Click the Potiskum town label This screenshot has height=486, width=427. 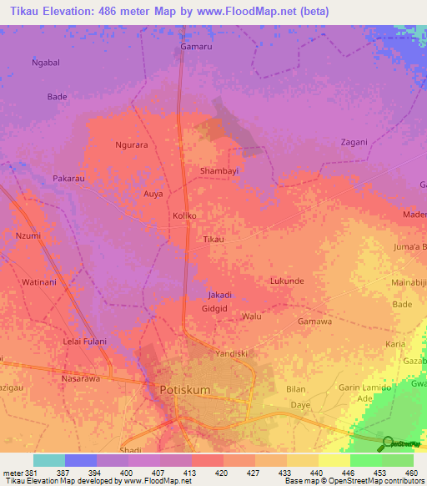pos(188,389)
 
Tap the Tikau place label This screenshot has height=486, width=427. pos(214,240)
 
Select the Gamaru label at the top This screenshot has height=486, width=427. pos(198,48)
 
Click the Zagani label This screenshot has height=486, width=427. pos(354,142)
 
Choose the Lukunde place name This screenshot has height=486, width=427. pos(287,281)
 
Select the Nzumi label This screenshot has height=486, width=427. pos(28,236)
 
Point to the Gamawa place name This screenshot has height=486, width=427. pos(314,321)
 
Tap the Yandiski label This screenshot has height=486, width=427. pos(233,353)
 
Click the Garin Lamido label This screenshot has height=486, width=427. pos(365,387)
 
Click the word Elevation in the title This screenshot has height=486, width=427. pos(77,11)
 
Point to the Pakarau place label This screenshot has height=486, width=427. pos(69,179)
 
